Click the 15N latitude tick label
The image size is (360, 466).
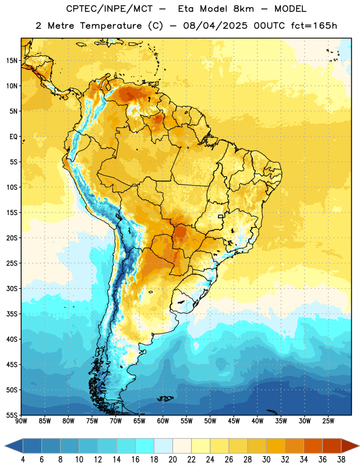pos(12,61)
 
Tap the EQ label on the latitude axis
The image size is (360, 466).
pos(13,137)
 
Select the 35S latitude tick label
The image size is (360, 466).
pos(12,314)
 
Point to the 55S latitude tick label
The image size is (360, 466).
pos(12,415)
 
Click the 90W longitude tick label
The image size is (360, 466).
pos(21,421)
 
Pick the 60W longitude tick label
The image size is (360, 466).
pos(163,421)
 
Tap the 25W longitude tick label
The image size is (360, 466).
pos(328,421)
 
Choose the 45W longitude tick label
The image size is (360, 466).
pos(234,421)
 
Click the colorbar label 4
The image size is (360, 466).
pos(23,460)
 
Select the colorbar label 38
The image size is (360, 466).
pos(341,460)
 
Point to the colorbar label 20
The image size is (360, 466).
pos(172,460)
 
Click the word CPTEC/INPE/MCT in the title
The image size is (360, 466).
pos(109,9)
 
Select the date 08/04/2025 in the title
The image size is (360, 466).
pos(215,26)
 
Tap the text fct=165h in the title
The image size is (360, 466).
pos(314,26)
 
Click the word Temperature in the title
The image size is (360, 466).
pos(111,26)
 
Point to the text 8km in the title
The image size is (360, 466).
pos(243,9)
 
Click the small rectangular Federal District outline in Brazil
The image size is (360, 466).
pos(221,216)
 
